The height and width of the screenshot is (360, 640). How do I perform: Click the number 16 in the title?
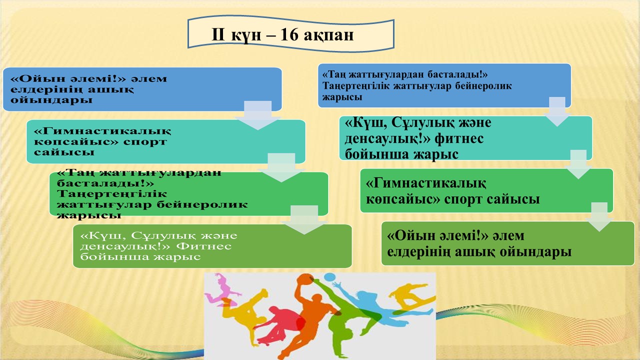point(289,35)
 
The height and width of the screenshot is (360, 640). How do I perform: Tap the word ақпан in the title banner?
point(328,36)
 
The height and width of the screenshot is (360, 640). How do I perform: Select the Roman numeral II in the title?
point(218,35)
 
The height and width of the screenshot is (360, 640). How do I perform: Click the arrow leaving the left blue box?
point(257,115)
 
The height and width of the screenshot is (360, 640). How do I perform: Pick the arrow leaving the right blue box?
point(557,111)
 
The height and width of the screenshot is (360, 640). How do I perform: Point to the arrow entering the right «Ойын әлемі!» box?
point(599,217)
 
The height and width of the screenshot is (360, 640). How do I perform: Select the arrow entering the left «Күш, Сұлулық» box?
point(304,220)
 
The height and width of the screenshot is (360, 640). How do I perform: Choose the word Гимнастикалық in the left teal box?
point(102,131)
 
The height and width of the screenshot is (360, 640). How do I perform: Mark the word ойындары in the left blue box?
point(51,100)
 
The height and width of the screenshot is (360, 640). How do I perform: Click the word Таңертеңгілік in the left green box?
point(112,194)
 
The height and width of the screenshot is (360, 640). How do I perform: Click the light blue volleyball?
point(330,277)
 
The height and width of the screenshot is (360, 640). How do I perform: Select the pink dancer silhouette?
point(221,288)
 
